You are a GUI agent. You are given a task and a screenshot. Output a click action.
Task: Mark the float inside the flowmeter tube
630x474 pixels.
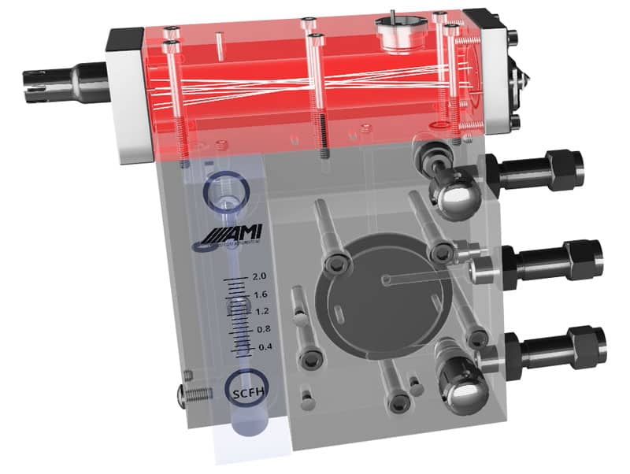tap(237, 307)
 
